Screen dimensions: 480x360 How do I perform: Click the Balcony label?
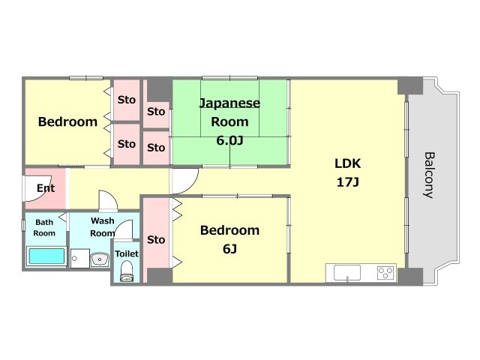tap(429, 175)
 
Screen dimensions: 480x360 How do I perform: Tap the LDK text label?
tap(347, 163)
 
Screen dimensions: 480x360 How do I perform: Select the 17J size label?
tap(347, 182)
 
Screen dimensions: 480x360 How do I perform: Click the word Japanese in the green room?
tap(229, 103)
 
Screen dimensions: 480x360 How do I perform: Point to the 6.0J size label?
tap(229, 140)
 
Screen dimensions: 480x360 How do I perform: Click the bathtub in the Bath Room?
tap(46, 256)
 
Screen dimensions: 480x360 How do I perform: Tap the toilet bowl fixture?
tap(127, 271)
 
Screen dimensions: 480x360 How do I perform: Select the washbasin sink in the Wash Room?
tap(100, 259)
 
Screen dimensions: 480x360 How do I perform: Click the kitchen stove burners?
tap(385, 272)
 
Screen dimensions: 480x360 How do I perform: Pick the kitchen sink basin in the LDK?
tap(347, 272)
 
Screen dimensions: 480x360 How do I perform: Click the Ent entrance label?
tap(46, 188)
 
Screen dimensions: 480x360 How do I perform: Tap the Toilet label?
tap(127, 253)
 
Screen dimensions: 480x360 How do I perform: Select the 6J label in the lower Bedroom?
tap(229, 249)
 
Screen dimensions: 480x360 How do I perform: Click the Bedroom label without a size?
tap(67, 121)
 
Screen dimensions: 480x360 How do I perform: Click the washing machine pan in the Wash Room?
tap(80, 258)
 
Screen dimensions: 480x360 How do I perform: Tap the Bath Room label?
tap(44, 228)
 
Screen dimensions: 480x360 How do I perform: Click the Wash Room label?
tap(103, 226)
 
